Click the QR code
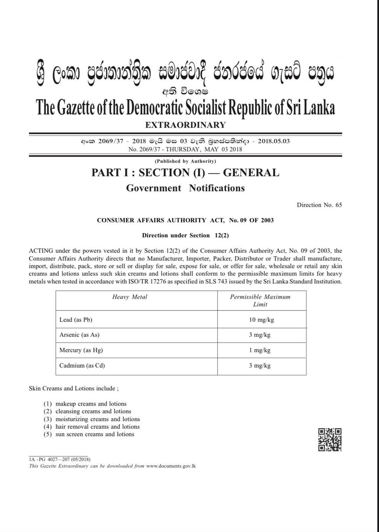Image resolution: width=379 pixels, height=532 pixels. [x=330, y=439]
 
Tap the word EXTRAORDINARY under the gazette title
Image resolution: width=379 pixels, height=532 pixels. [x=185, y=125]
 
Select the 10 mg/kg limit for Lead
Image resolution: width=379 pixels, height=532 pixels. [x=261, y=320]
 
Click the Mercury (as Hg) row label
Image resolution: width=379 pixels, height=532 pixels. [x=81, y=350]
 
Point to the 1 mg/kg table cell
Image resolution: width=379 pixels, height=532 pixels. [x=260, y=350]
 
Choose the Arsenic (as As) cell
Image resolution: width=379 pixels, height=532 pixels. [x=79, y=335]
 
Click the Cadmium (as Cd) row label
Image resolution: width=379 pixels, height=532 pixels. [x=82, y=365]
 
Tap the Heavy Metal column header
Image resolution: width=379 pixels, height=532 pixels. [x=129, y=297]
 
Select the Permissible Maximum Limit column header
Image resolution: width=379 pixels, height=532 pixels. [x=260, y=301]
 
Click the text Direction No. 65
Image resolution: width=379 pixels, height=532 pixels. [x=319, y=205]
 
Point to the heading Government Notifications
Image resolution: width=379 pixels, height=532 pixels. [x=185, y=188]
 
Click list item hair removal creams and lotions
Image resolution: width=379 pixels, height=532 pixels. [x=97, y=427]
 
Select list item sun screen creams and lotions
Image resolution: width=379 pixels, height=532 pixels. [x=95, y=434]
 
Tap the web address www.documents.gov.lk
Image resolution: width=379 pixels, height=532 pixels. [x=171, y=466]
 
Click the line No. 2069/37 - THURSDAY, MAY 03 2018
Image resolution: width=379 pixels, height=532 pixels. [x=185, y=149]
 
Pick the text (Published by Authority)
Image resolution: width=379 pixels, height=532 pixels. [x=185, y=161]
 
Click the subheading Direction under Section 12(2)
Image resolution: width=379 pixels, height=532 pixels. [x=185, y=235]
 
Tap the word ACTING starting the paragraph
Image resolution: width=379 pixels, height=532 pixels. [x=41, y=251]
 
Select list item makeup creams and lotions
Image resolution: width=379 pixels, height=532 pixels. [x=91, y=404]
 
